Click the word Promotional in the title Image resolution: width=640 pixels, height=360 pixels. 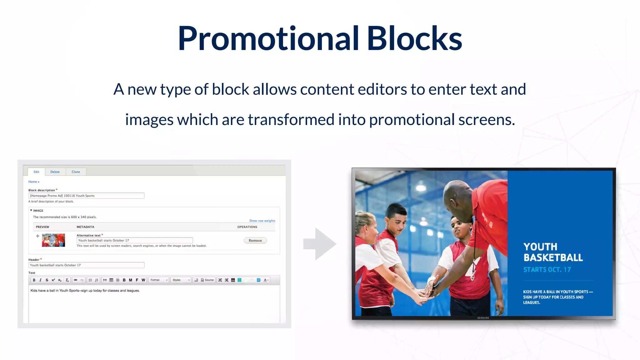268,39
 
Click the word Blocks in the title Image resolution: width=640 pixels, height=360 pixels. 414,39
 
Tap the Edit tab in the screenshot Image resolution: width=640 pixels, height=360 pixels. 36,172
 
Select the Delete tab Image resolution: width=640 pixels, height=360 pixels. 55,172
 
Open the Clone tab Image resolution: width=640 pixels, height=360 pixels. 76,172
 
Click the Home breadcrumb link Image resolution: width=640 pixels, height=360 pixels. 33,182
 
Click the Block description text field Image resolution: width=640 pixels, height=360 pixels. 86,196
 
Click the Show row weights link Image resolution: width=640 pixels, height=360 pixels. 262,221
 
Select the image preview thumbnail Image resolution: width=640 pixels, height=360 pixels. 53,240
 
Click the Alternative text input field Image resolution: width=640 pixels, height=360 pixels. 134,240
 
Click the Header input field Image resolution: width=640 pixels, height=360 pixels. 86,265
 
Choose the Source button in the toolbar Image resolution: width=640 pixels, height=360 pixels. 207,280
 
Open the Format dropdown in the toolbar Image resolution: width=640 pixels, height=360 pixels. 158,280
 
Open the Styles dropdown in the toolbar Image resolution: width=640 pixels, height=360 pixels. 181,280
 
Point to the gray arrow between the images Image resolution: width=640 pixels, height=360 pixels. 320,244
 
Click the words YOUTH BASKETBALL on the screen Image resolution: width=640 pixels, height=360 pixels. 553,252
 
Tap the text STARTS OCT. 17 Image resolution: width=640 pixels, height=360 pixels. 547,270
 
